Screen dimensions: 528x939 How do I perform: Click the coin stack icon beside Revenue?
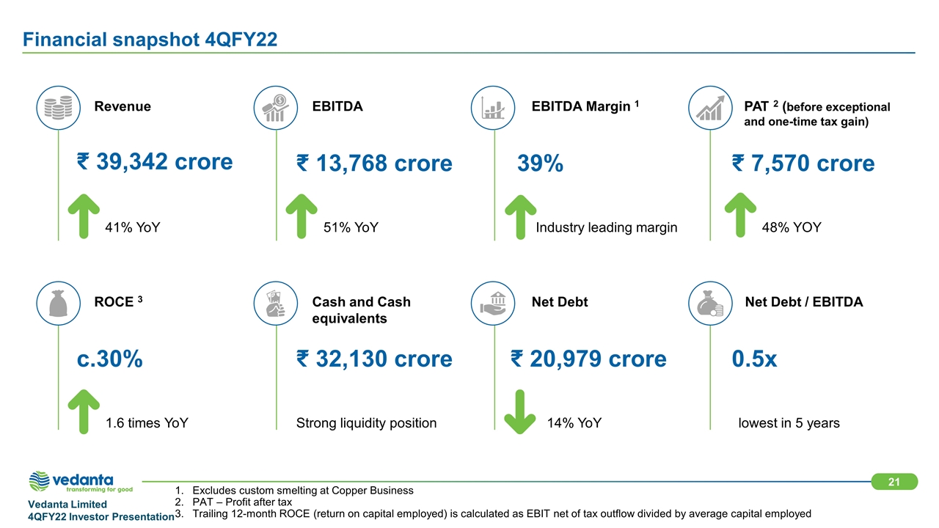(58, 107)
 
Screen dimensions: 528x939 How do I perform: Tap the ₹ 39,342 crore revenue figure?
(155, 161)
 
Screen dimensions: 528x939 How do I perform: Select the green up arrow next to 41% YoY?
(84, 216)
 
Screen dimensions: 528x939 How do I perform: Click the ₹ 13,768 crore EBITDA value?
(374, 163)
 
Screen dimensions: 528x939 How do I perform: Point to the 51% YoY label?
(351, 228)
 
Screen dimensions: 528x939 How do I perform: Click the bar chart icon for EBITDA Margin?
(493, 107)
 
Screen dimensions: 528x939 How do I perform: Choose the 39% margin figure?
(541, 164)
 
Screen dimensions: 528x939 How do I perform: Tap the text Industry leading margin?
(606, 228)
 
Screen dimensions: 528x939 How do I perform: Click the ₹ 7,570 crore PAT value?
(803, 163)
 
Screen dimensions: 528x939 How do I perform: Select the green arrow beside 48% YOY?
(740, 216)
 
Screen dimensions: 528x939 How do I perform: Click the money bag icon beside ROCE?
(58, 303)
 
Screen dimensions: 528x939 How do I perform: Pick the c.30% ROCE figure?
(110, 359)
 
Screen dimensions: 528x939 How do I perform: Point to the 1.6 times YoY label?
(147, 423)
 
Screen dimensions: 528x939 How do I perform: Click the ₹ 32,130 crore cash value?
(374, 359)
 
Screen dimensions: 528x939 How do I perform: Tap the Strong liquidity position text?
(366, 423)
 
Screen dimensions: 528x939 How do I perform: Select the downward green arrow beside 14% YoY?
(521, 411)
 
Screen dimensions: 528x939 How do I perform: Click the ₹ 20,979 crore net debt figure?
(588, 359)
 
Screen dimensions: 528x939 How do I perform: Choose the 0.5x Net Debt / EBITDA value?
(754, 359)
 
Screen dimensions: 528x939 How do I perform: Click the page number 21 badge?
(894, 482)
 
